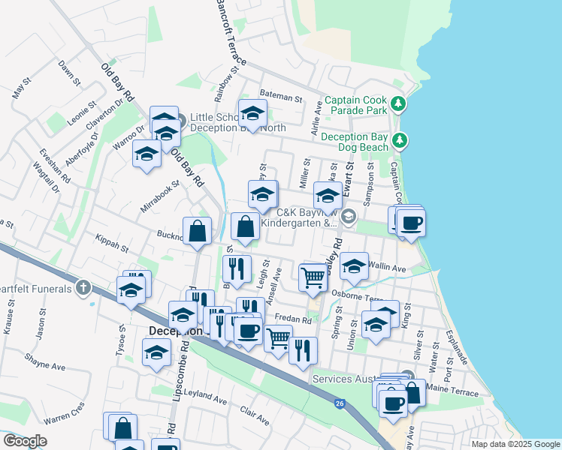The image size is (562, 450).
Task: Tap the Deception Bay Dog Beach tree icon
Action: point(400,140)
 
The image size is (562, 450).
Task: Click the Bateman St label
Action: point(280,98)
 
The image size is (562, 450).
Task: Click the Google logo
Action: point(25,441)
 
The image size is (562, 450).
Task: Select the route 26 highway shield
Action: point(340,403)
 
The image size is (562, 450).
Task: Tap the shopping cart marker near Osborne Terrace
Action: point(313,278)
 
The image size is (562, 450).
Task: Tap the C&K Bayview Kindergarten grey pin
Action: point(347,217)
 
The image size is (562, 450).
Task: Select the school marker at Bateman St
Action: point(252,115)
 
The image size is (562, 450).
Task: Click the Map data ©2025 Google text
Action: point(515,444)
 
